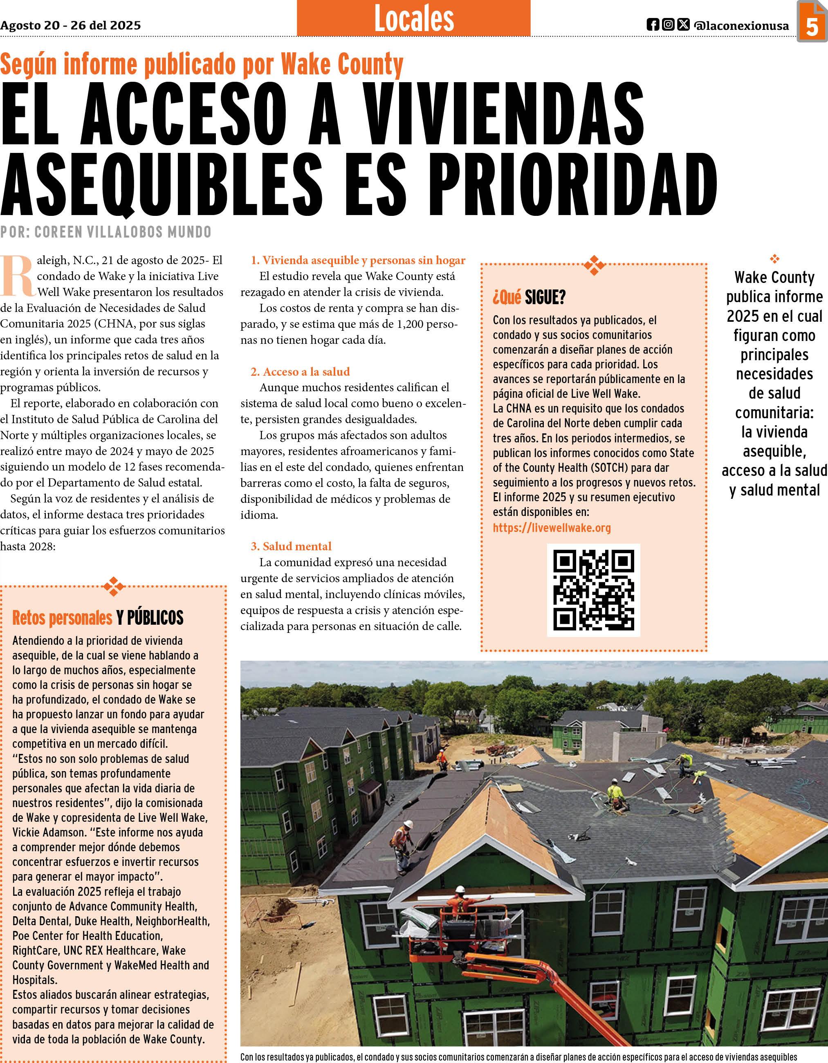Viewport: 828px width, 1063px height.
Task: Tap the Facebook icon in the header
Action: coord(653,25)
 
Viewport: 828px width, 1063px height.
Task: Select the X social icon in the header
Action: coord(683,25)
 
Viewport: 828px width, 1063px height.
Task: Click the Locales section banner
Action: coord(414,18)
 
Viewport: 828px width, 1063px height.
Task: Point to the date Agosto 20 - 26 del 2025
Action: coord(71,25)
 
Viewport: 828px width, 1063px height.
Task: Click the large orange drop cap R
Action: coord(18,276)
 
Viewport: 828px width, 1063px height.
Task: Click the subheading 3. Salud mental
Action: coord(291,546)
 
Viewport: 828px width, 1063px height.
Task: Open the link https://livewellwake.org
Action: coord(552,527)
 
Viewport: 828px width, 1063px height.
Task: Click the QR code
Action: coord(593,590)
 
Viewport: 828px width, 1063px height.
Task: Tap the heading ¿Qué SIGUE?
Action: coord(529,297)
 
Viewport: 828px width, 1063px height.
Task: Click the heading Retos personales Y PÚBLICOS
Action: coord(98,618)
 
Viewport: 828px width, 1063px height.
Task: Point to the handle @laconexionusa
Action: coord(742,25)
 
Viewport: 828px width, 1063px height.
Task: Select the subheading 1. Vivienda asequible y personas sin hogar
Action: coord(358,260)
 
